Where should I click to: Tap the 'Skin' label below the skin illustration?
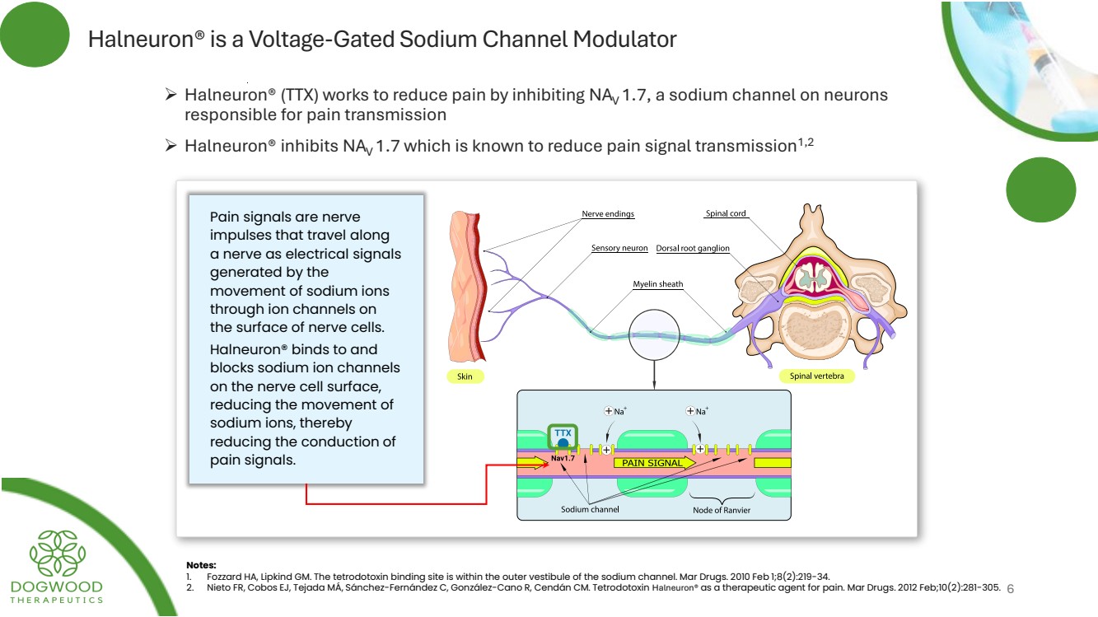[x=465, y=376]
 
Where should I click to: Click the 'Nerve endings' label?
[x=608, y=214]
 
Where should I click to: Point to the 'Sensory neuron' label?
[x=619, y=248]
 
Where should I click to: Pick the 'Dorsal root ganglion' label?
[x=693, y=248]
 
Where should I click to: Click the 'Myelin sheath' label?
[x=657, y=284]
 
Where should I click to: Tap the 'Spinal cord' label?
[x=726, y=214]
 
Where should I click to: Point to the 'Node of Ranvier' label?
[x=722, y=510]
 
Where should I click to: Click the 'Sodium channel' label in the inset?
[x=590, y=510]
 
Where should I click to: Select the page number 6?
[x=1011, y=589]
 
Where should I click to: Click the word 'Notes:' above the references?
[x=201, y=565]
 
